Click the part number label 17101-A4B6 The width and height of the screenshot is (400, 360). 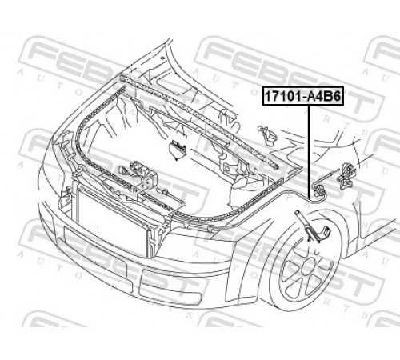302,96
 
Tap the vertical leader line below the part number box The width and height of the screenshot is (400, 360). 309,151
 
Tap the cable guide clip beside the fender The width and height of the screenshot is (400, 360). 319,191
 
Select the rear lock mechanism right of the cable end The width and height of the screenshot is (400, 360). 346,175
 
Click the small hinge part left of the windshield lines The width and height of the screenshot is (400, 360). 266,135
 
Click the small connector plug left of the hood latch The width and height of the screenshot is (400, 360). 123,170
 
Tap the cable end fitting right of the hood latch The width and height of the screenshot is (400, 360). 164,191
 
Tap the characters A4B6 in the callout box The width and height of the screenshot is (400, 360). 324,96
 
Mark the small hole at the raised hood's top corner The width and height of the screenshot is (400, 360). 162,58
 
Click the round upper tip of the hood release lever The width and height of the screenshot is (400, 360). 297,213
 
